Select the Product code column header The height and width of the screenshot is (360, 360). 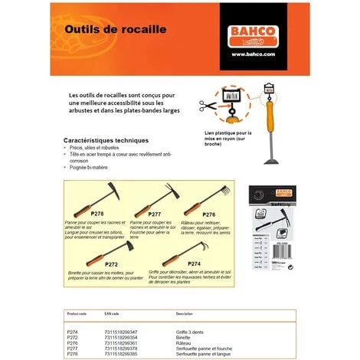pos(79,313)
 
